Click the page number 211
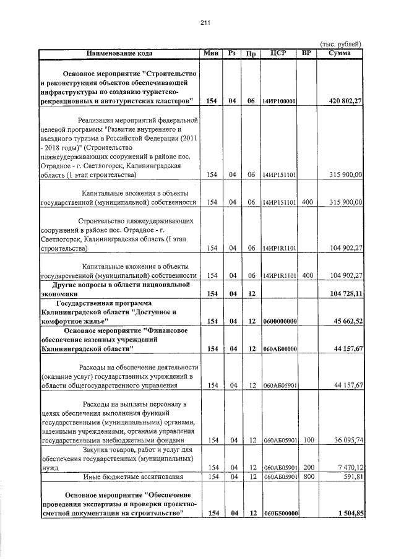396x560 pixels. [206, 23]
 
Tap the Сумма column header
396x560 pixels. [339, 53]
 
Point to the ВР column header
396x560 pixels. [306, 53]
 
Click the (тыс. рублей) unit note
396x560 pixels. [340, 44]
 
